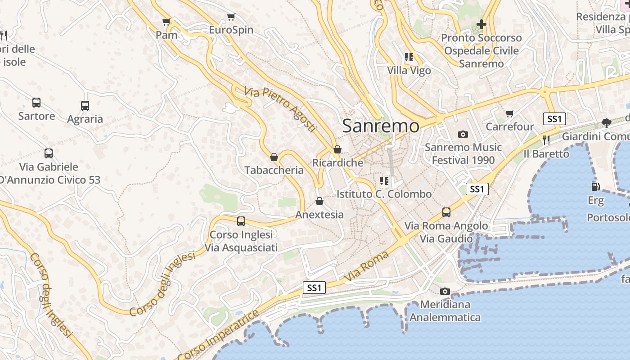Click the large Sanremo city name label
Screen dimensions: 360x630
381,126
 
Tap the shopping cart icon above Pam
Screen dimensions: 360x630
166,22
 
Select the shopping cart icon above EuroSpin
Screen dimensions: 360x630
231,17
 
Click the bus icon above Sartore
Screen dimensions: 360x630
36,103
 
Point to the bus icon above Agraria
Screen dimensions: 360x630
85,106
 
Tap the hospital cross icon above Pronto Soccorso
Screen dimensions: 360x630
481,24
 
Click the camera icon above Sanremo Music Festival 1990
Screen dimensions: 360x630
463,134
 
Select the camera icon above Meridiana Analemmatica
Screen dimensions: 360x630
445,291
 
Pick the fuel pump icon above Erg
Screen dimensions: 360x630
595,186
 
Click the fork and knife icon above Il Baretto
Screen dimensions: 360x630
546,140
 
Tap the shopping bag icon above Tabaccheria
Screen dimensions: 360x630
274,157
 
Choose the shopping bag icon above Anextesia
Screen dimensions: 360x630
319,201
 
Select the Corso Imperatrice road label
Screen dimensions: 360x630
219,334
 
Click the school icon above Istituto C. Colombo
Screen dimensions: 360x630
384,181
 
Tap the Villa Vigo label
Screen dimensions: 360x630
409,71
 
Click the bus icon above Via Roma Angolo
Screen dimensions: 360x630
446,212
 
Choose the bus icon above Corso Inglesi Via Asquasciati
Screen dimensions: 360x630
241,221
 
